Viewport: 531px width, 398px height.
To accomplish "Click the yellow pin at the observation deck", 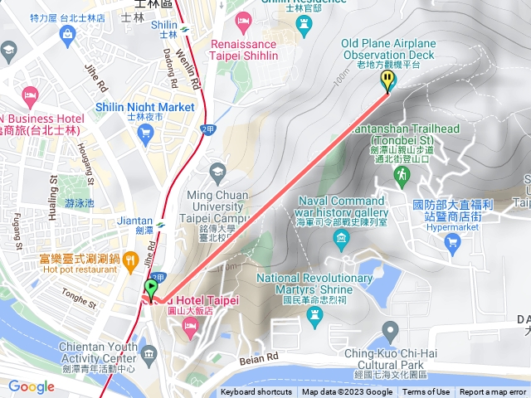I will pos(387,80).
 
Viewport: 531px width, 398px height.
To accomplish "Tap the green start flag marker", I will pos(150,289).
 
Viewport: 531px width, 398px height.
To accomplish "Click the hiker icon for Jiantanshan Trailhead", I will pos(402,175).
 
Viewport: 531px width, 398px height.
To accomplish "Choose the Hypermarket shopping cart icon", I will pos(452,241).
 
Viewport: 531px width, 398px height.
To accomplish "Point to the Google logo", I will pos(32,386).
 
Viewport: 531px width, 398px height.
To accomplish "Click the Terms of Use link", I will pos(426,392).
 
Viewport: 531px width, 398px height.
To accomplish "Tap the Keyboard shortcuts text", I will pos(256,392).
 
